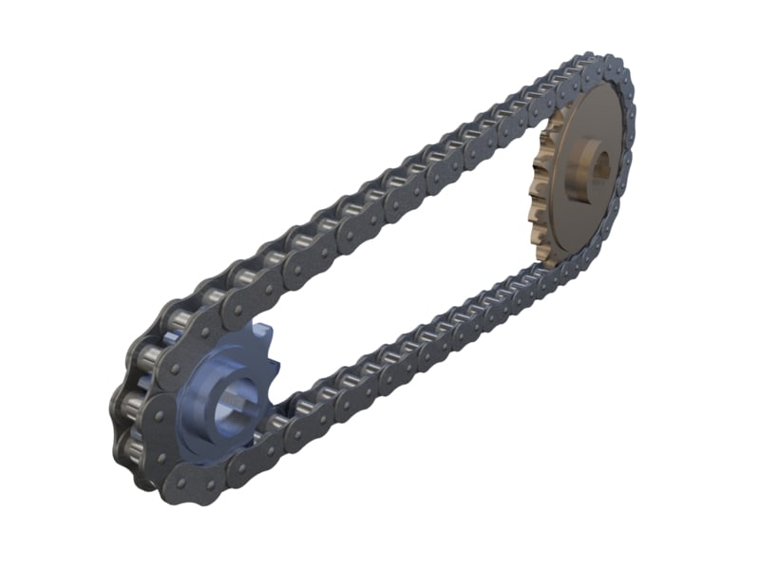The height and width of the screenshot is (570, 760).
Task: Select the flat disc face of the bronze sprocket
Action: point(594,204)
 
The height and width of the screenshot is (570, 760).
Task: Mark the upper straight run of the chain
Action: point(380,190)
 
